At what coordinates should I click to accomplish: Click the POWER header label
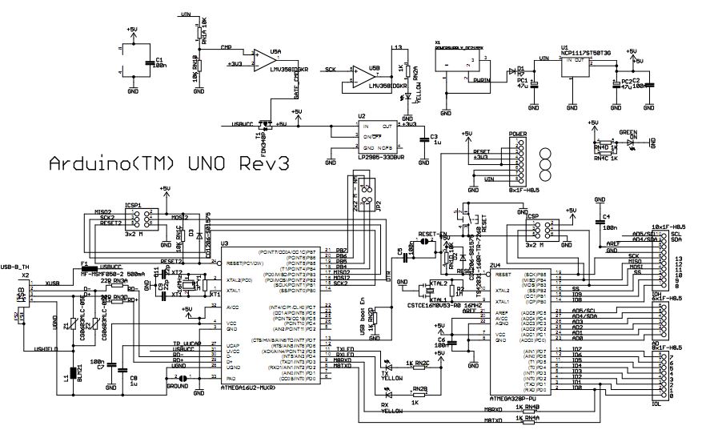coord(517,135)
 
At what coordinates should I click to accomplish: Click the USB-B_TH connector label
coord(16,266)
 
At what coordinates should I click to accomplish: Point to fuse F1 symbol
coord(87,266)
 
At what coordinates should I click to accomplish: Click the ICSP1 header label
coord(132,205)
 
